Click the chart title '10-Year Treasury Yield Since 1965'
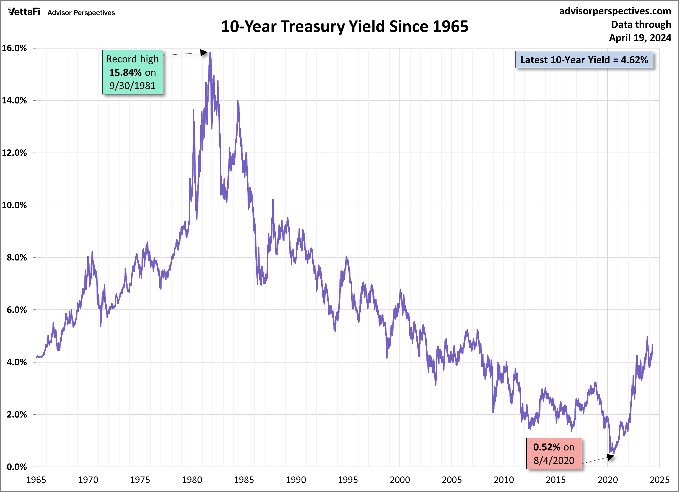345,26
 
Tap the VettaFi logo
24,12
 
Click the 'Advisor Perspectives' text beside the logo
81,13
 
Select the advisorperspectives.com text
615,11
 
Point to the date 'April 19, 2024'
640,38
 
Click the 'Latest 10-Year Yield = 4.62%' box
584,60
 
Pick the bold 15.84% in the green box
125,72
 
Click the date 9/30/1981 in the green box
132,86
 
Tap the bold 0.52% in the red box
547,447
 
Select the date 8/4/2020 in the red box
554,460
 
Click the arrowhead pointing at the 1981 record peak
204,53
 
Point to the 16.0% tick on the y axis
14,48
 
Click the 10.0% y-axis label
14,205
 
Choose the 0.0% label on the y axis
17,467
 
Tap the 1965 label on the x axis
36,480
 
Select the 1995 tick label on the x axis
348,480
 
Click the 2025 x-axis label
660,480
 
